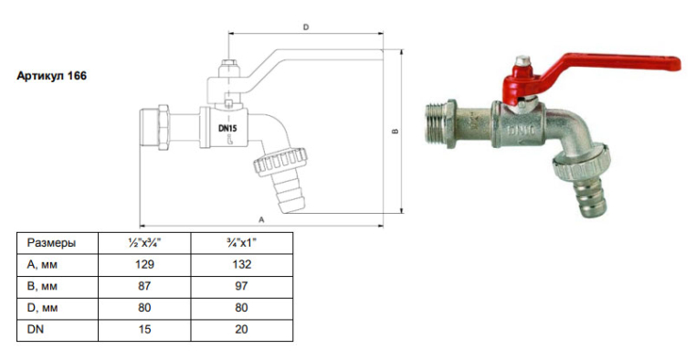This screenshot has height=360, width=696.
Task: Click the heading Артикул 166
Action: [51, 76]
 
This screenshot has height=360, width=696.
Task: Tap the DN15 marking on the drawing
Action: [227, 129]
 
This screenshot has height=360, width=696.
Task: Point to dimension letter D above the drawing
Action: [306, 27]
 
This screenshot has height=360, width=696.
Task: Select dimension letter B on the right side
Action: [395, 132]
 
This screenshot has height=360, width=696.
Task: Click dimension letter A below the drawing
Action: [261, 219]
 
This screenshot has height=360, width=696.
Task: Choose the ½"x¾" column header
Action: [144, 243]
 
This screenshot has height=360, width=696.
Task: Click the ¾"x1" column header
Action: [241, 243]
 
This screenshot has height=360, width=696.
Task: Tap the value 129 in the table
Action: [144, 265]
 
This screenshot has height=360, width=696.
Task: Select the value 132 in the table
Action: [241, 265]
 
